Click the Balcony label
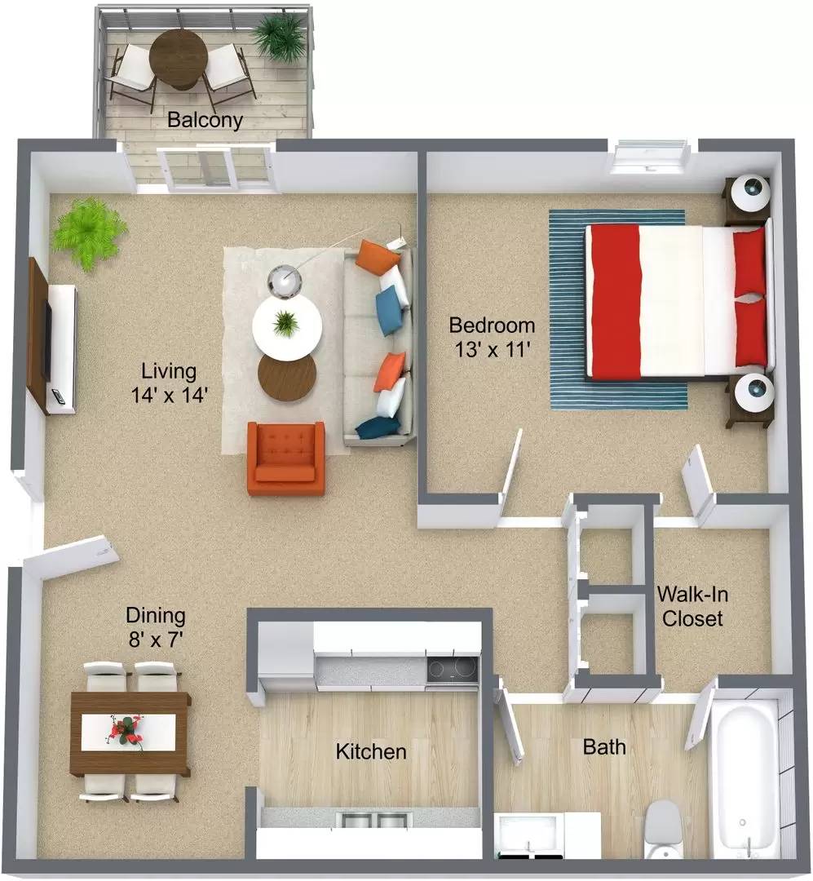coord(205,120)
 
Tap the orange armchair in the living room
coord(286,459)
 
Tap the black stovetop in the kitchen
coord(452,669)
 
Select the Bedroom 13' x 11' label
coord(492,337)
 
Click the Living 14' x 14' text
coord(168,383)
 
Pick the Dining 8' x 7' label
coord(155,626)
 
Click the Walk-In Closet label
coord(691,606)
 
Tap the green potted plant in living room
coord(88,232)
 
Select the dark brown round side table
coord(286,376)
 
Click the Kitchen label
coord(371,750)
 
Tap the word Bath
coord(604,746)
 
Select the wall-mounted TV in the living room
coord(47,340)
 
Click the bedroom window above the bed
coord(651,157)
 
